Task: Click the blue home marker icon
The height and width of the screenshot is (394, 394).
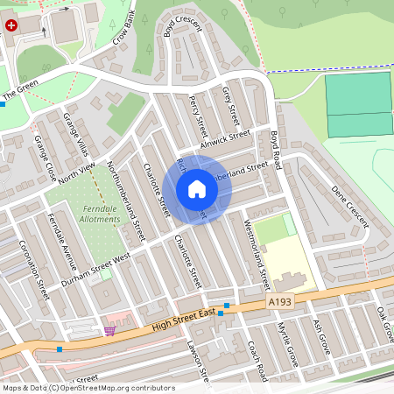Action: (197, 189)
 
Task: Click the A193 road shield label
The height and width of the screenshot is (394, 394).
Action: (278, 300)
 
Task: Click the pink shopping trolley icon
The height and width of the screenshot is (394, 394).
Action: (110, 330)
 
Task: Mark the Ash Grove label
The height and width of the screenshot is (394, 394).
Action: (322, 336)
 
